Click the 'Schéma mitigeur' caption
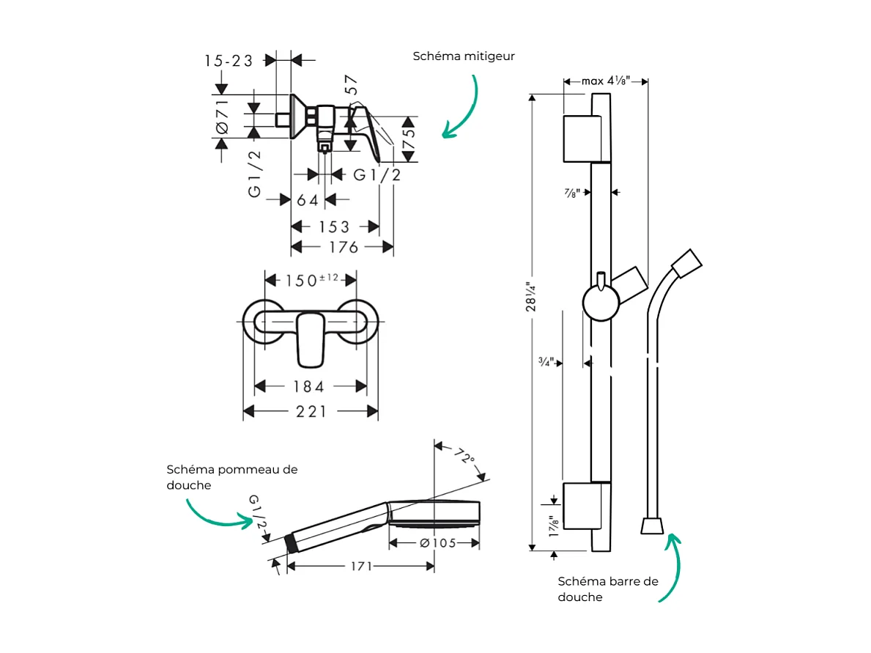coord(464,56)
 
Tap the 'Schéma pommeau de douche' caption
coord(231,477)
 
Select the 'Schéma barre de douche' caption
coord(608,589)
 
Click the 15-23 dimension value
coord(229,61)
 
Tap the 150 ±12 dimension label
coord(311,280)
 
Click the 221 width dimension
coord(311,412)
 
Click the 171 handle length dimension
coord(360,566)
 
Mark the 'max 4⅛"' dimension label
coord(606,81)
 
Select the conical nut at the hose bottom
coord(652,525)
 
